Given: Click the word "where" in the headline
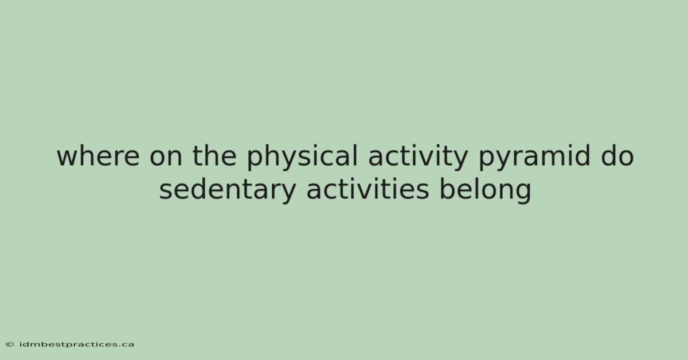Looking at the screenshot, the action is coord(98,156).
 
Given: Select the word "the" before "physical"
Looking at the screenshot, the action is coord(214,156).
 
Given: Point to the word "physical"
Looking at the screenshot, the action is coord(303,158).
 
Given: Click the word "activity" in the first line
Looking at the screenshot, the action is coord(418,158).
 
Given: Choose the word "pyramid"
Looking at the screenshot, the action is coord(534,158).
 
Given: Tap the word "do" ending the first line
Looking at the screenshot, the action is coord(617,156).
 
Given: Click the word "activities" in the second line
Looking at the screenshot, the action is coord(368,189).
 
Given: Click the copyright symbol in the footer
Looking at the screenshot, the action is coord(10,345).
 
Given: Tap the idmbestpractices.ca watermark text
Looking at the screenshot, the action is coord(77,345).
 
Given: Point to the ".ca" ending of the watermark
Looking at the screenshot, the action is coord(126,345).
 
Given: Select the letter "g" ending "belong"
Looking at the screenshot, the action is coord(523,194).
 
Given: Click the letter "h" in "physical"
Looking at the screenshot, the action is coord(268,155).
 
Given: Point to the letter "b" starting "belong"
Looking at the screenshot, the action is coord(448,190).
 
